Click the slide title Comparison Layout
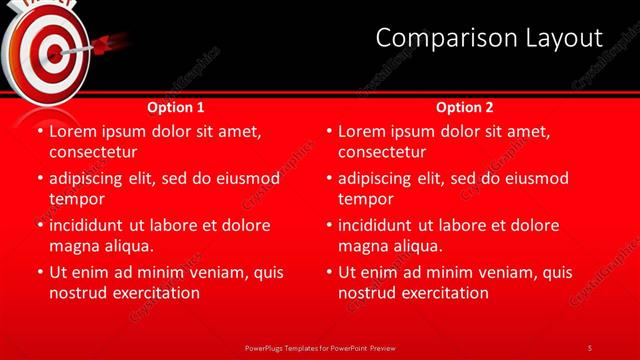[489, 38]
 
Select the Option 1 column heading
[176, 106]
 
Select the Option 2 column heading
[465, 106]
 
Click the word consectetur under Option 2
[382, 152]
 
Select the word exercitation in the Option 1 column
[155, 293]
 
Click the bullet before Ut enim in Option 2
[330, 272]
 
